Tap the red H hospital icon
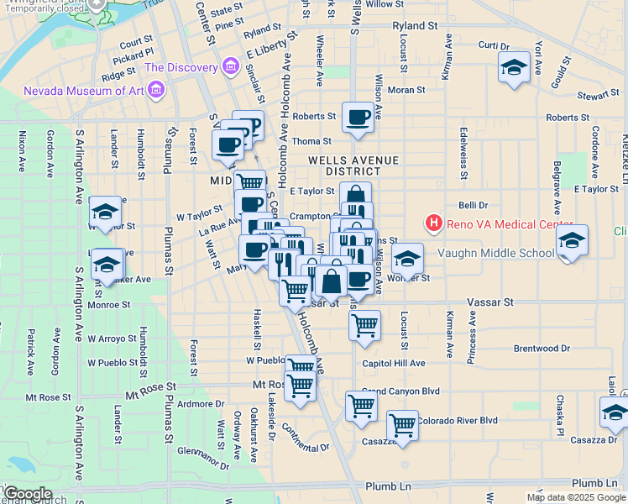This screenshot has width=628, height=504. [x=434, y=223]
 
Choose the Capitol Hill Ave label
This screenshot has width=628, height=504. [x=394, y=364]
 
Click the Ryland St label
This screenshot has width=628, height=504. [x=415, y=26]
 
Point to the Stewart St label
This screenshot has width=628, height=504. [x=598, y=97]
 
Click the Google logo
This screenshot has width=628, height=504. [x=27, y=494]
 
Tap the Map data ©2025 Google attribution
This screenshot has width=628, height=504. [x=577, y=497]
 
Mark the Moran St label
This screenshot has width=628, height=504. [x=406, y=89]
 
